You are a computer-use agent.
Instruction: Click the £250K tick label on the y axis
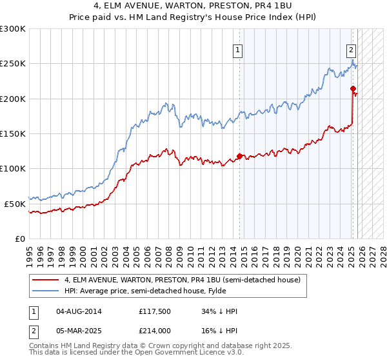click(12, 64)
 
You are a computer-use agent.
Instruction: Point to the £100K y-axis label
click(12, 168)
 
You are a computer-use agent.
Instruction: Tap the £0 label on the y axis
click(19, 239)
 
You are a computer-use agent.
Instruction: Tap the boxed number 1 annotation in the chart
click(238, 50)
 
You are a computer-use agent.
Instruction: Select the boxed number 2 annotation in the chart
click(351, 50)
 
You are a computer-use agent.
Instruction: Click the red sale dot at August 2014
click(239, 156)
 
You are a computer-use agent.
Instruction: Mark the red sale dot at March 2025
click(353, 88)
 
